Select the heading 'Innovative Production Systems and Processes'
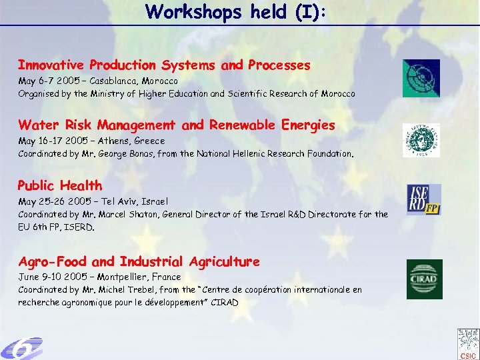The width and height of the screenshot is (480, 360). point(164,65)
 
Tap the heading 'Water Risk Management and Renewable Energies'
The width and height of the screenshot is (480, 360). point(177,125)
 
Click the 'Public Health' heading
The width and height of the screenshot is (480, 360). point(60,185)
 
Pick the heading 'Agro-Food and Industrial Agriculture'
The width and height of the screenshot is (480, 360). point(139,261)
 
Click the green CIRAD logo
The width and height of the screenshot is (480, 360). point(425,279)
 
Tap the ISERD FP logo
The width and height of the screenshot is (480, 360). point(425,200)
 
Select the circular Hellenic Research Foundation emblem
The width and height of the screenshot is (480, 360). point(421,140)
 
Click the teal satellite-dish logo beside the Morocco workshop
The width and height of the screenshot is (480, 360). point(421,79)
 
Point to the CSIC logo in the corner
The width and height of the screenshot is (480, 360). point(467,343)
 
